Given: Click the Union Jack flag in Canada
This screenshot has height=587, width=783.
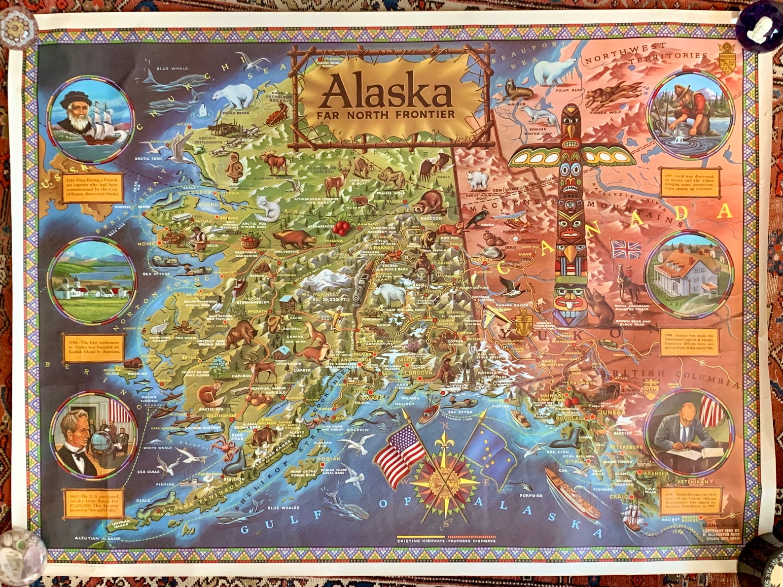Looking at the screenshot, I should point(626,249).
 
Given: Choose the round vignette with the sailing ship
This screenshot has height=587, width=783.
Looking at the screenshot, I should point(91,117).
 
